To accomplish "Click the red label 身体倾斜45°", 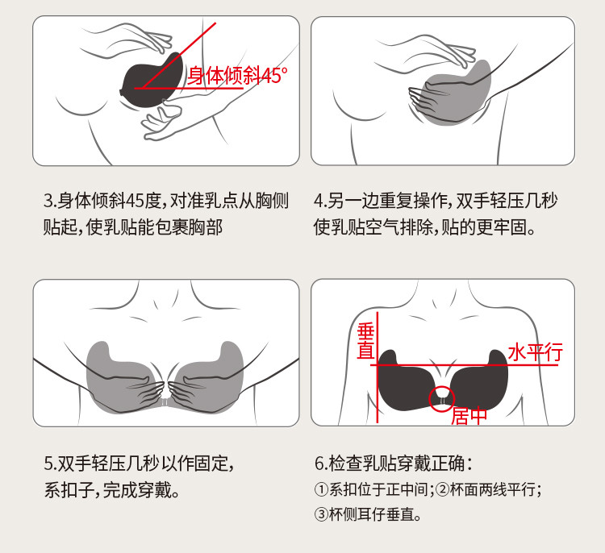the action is [x=237, y=75].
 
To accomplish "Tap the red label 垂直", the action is [x=365, y=341].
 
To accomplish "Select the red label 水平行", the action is [x=535, y=351].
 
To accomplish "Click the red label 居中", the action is [x=469, y=416].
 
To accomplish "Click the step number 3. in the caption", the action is [x=49, y=201].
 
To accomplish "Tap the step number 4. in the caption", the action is [x=321, y=201].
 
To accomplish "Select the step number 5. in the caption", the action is [x=50, y=464].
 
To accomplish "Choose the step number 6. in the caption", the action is [x=322, y=464].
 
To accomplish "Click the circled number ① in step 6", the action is [x=321, y=490].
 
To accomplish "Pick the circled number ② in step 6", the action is [x=443, y=490].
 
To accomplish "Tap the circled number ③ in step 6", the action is [x=321, y=514].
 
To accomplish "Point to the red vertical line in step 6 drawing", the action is [x=378, y=368].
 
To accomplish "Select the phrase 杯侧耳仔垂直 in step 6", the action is [x=372, y=514].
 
